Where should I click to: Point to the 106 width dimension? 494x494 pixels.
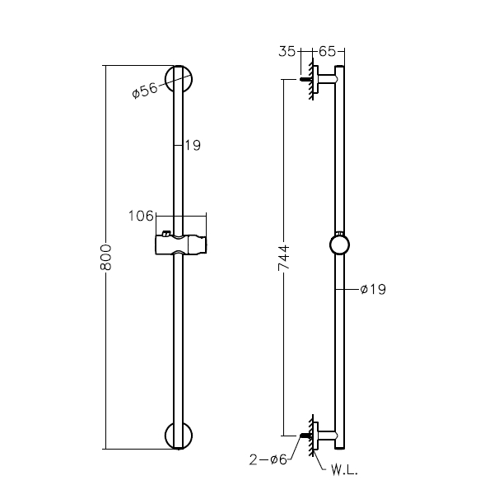pyautogui.click(x=141, y=217)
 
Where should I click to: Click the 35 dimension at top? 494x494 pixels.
pyautogui.click(x=288, y=51)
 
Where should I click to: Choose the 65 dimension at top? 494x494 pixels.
pyautogui.click(x=327, y=51)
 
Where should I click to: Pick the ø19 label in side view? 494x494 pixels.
pyautogui.click(x=373, y=289)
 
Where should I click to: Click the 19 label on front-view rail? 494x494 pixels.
pyautogui.click(x=192, y=145)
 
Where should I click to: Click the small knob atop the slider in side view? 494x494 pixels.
pyautogui.click(x=338, y=231)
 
